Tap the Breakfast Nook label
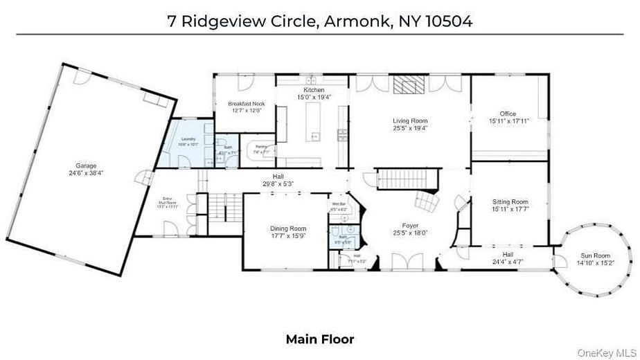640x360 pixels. (247, 104)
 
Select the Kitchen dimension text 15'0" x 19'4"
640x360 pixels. (314, 98)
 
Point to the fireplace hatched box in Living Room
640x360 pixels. (408, 84)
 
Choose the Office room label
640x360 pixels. (508, 114)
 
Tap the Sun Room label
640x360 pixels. (595, 257)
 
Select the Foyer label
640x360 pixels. (411, 226)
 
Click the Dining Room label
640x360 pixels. (287, 228)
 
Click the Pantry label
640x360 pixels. (261, 147)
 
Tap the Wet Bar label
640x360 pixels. (339, 204)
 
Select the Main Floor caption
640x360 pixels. (320, 339)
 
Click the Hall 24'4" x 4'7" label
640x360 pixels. (509, 258)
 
